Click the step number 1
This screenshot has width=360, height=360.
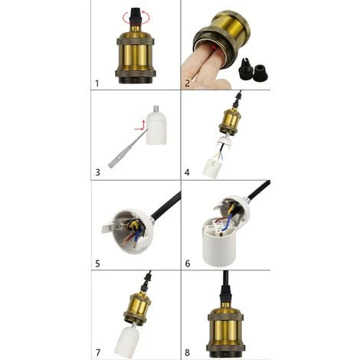click(x=97, y=83)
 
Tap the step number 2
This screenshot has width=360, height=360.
click(x=188, y=83)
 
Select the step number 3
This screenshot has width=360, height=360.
click(x=97, y=172)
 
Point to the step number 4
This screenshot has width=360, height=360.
click(x=187, y=172)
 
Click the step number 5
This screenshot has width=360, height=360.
click(x=97, y=263)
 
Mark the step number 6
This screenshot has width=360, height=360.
click(x=188, y=263)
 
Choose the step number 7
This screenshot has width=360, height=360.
click(x=98, y=353)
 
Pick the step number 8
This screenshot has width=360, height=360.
click(x=187, y=353)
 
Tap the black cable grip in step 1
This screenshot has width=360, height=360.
click(x=136, y=16)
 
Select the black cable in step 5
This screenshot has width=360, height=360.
click(x=166, y=205)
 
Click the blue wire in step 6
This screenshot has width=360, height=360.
click(x=228, y=222)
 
